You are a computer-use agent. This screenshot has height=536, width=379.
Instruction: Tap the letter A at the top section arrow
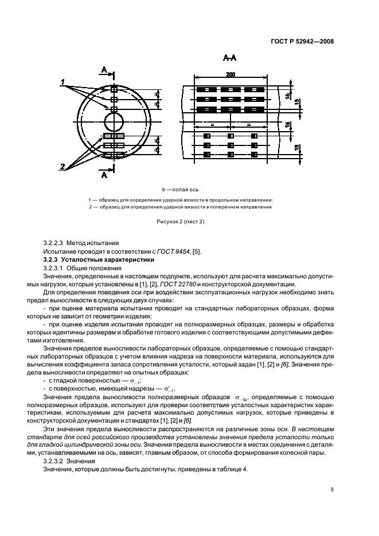pyautogui.click(x=104, y=70)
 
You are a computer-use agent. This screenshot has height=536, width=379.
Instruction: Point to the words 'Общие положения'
pyautogui.click(x=93, y=267)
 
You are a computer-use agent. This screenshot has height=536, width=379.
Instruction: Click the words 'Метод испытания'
pyautogui.click(x=93, y=243)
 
